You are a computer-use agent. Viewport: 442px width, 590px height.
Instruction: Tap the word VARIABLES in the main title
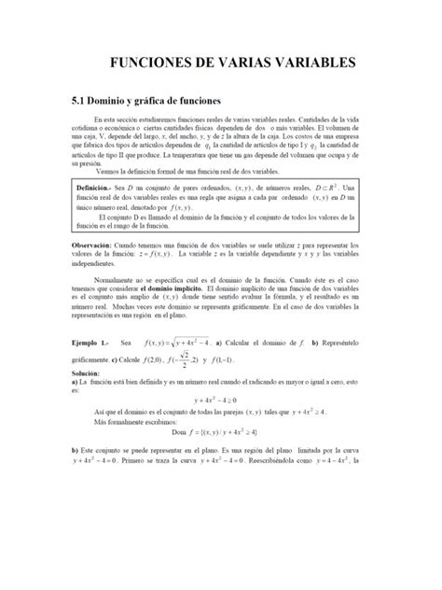click(x=311, y=63)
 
